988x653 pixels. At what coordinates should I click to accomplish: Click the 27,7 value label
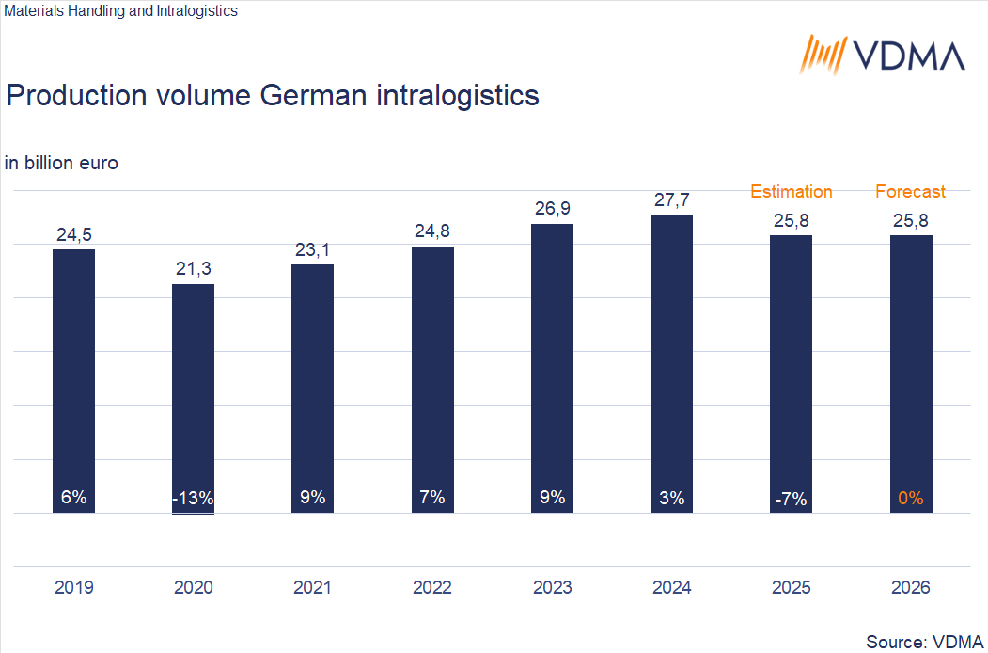(671, 200)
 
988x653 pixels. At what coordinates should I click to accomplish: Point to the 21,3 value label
(193, 270)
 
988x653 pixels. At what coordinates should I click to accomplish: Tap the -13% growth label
(193, 499)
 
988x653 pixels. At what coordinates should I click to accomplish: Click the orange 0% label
(911, 499)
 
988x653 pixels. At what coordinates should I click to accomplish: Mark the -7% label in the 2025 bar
(791, 499)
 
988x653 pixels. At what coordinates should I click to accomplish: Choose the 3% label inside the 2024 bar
(671, 499)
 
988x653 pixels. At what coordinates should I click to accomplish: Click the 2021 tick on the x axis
(312, 588)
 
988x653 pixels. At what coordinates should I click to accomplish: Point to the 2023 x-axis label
(552, 588)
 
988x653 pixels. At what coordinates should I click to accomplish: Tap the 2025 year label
(791, 588)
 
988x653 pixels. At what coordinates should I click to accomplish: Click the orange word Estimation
(791, 192)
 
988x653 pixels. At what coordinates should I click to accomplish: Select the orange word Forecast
(910, 192)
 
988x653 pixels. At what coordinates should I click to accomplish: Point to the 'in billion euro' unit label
(61, 163)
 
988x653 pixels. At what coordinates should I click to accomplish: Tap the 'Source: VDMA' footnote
(924, 641)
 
